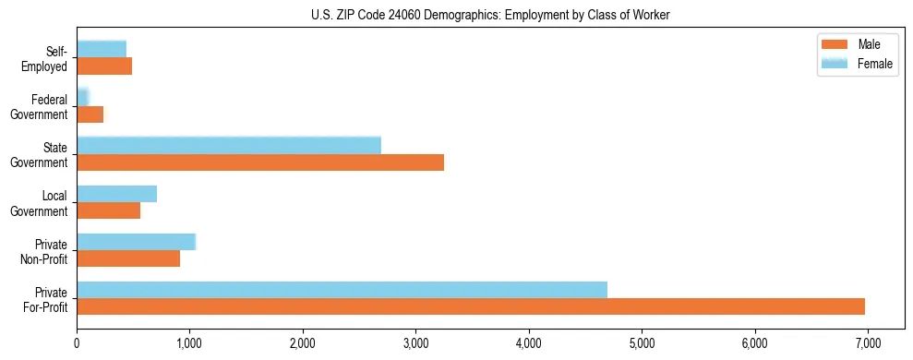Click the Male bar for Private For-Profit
tap(471, 306)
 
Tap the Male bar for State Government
tap(260, 162)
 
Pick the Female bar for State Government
tap(229, 145)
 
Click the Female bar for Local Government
tap(116, 193)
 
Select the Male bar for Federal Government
tap(90, 114)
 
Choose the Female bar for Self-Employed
tap(102, 48)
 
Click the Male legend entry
tap(851, 45)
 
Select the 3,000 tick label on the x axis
tap(415, 342)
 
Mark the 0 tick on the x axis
tap(77, 342)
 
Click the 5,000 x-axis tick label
tap(642, 342)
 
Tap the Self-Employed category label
tap(47, 58)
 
